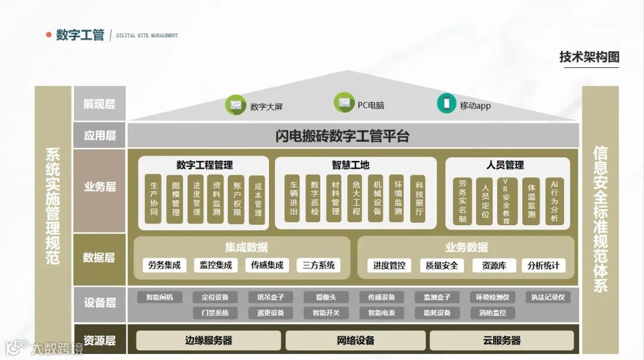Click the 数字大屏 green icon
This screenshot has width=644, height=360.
click(235, 105)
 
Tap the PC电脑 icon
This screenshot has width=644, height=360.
click(344, 103)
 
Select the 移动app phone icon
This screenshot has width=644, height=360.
click(446, 103)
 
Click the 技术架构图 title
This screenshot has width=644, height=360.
click(589, 57)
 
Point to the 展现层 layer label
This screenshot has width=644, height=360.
click(99, 104)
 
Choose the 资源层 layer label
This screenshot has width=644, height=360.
click(99, 341)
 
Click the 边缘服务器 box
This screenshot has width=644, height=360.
click(208, 341)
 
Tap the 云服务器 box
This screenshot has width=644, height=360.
click(501, 341)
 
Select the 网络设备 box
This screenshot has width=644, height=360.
click(355, 341)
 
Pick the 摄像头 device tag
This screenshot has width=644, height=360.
click(326, 297)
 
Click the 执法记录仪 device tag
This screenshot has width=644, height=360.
click(547, 297)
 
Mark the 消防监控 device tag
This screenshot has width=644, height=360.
click(492, 312)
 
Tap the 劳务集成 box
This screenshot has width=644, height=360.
click(165, 265)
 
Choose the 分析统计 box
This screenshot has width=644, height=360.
click(543, 265)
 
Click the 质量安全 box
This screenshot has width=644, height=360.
click(441, 265)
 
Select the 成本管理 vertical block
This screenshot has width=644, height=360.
click(258, 200)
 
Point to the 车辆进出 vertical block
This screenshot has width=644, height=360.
click(293, 198)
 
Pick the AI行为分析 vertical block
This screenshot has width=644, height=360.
click(554, 201)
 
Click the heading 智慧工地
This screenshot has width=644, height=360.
click(351, 165)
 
